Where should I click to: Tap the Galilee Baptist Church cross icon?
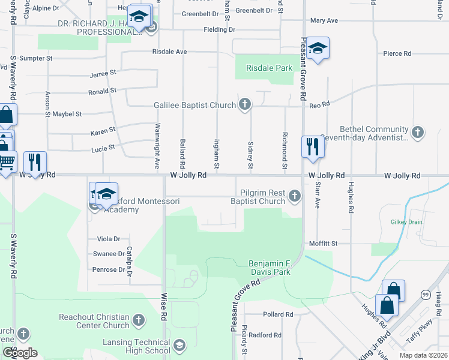tap(244, 106)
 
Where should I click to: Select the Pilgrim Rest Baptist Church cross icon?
tap(294, 196)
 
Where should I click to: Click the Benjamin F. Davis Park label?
tap(270, 268)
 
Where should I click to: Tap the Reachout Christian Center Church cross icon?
tap(139, 320)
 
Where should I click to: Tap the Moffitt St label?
tap(324, 244)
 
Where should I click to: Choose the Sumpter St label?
tap(37, 58)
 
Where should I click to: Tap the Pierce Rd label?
tap(397, 53)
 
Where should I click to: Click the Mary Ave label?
tap(324, 20)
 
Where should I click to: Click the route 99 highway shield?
tap(425, 294)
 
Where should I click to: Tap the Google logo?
tap(19, 352)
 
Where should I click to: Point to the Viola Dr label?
tap(109, 239)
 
